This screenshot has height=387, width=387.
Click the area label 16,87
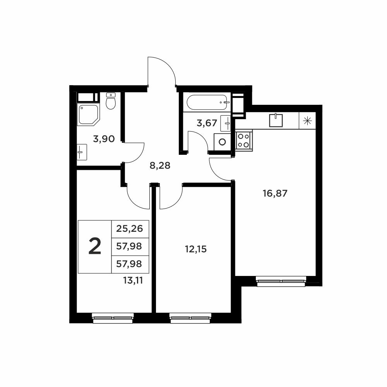(275, 193)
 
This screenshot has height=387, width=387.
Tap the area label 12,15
(196, 249)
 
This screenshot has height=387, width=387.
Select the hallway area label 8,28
(160, 165)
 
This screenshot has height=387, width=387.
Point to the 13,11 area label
(133, 280)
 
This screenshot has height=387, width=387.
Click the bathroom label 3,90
(104, 139)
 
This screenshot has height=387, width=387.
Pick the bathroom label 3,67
(207, 123)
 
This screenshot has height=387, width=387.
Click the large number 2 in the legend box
(95, 246)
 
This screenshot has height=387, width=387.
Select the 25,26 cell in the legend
(130, 229)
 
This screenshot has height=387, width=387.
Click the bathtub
(207, 103)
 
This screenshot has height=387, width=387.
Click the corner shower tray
(89, 115)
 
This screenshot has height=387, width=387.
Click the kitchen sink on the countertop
(276, 120)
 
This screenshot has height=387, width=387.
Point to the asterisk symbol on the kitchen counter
(307, 121)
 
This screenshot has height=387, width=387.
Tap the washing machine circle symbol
(223, 142)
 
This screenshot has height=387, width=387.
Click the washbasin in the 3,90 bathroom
(82, 152)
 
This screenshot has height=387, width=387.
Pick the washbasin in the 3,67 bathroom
(225, 123)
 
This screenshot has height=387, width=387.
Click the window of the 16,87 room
(281, 281)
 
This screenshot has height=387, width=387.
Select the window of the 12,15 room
(191, 318)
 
